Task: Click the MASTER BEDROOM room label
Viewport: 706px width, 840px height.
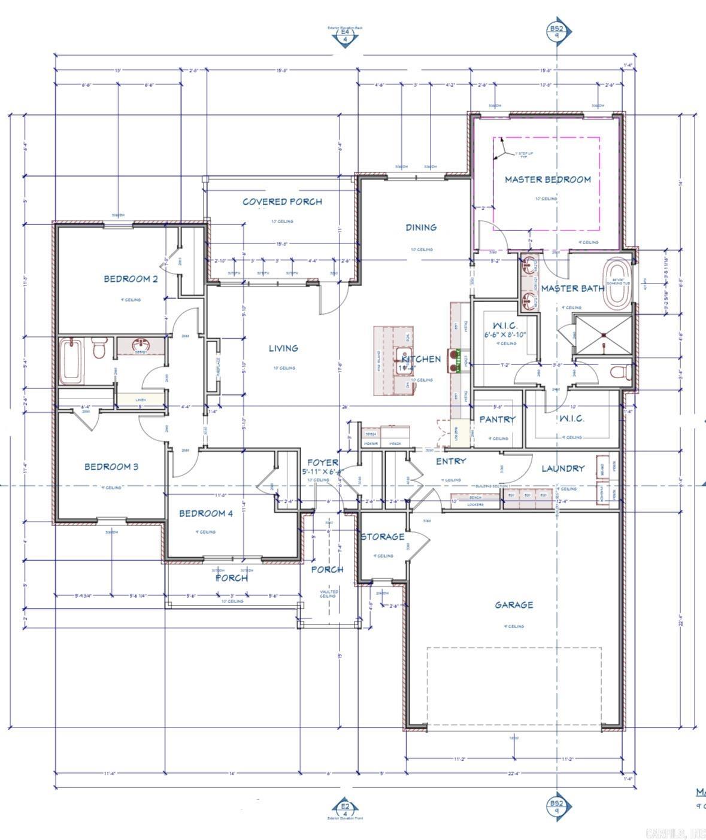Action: click(547, 179)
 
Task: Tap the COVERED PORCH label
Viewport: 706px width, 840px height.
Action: click(282, 202)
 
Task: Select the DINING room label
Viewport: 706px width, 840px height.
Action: click(421, 227)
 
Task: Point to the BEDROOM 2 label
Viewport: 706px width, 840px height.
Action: click(131, 279)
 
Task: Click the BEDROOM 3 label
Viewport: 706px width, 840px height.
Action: click(111, 467)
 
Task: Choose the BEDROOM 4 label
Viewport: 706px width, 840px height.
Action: click(205, 513)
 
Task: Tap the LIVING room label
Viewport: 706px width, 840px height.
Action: click(283, 348)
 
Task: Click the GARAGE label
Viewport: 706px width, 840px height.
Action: click(514, 605)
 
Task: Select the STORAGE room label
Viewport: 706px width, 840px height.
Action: click(382, 537)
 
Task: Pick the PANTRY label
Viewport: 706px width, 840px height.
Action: click(497, 419)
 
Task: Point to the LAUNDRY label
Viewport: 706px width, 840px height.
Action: click(563, 468)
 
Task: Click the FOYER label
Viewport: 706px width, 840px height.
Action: click(323, 462)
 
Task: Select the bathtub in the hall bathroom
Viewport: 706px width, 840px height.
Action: click(71, 360)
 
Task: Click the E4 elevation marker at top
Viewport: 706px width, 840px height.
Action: click(345, 37)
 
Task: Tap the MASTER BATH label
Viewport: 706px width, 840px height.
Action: click(572, 288)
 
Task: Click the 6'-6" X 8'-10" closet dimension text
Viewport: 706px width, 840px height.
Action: click(505, 335)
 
